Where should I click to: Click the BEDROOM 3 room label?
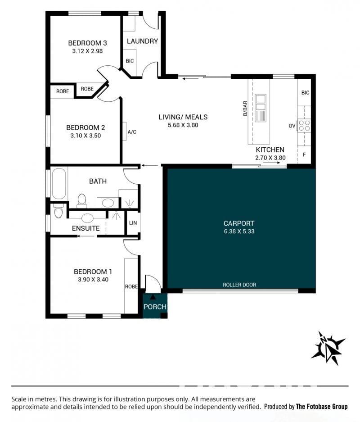click(87, 43)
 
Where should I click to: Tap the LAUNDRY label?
click(142, 41)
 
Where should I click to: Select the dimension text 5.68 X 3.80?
click(183, 125)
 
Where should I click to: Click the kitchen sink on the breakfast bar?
click(260, 108)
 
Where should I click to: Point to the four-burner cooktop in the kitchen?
click(304, 125)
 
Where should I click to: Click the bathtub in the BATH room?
click(59, 184)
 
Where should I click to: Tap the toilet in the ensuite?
click(58, 211)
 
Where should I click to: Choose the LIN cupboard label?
click(133, 223)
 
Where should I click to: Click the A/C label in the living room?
click(132, 132)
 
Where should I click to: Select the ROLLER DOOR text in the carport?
click(239, 285)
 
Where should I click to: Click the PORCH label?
click(155, 307)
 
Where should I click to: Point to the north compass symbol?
click(328, 348)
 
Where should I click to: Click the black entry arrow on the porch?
click(153, 297)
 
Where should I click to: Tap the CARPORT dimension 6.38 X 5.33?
click(239, 231)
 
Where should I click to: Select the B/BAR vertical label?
click(245, 109)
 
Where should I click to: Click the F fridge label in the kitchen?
click(304, 155)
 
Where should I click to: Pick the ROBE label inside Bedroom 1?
click(131, 287)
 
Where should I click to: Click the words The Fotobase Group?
click(322, 406)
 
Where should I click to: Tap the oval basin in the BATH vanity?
click(108, 203)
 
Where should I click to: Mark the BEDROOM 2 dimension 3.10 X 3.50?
click(85, 136)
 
